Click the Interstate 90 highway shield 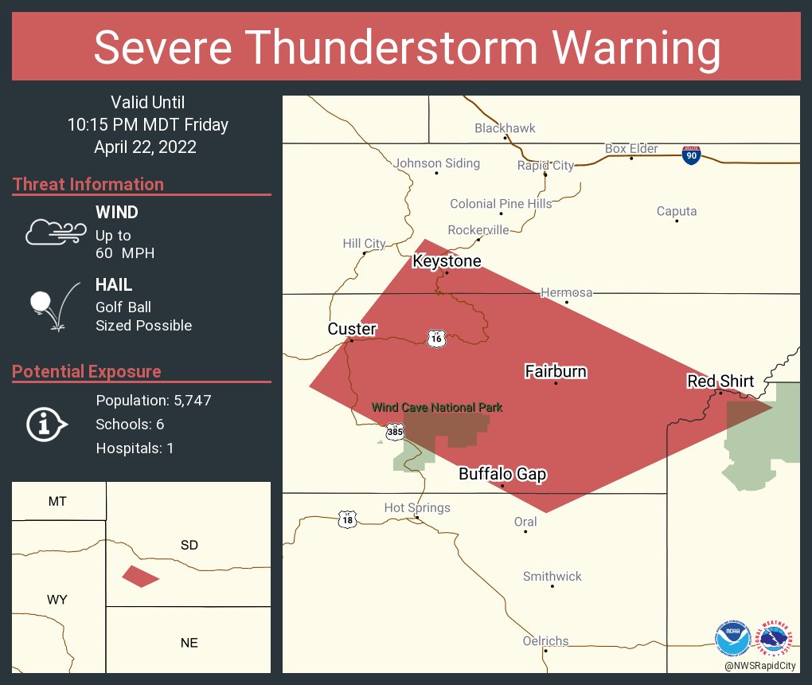tap(691, 155)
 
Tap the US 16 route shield tap(435, 338)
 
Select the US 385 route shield tap(394, 432)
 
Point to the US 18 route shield tap(346, 519)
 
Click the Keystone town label tap(447, 261)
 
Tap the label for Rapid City tap(545, 166)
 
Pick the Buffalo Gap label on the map tap(502, 475)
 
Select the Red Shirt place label tap(720, 382)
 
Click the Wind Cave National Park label tap(438, 408)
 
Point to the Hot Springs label tap(417, 507)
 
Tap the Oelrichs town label tap(545, 640)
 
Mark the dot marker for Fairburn tap(556, 384)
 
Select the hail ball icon tap(41, 302)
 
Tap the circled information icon tap(45, 425)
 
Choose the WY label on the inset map tap(57, 600)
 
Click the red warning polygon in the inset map tap(140, 577)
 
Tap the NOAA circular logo tap(732, 639)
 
